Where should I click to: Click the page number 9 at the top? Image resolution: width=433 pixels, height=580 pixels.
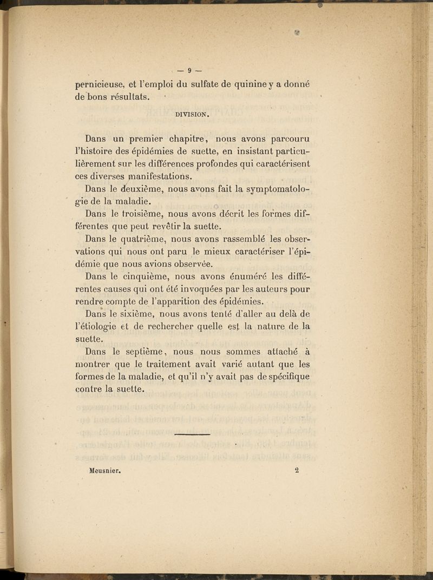click(190, 69)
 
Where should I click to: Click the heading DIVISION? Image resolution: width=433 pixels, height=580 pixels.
click(192, 114)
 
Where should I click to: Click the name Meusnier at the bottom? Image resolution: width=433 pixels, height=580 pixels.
click(104, 471)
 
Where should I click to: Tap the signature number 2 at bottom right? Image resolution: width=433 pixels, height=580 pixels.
click(297, 470)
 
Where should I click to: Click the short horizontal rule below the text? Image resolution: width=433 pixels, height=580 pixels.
click(192, 434)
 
